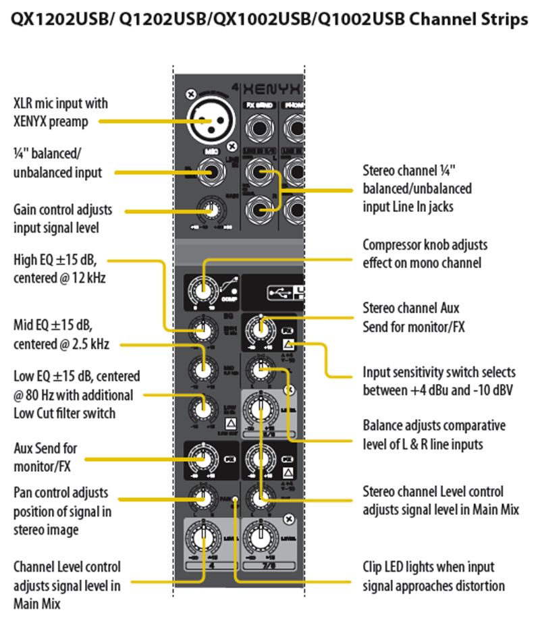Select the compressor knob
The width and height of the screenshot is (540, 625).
pos(201,290)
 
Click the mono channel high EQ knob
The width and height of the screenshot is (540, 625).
pos(201,331)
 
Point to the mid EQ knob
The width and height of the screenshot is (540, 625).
pos(201,369)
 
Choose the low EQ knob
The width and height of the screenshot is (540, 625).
pos(201,408)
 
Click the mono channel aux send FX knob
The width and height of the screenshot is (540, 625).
pos(201,459)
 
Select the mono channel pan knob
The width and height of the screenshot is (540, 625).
pos(201,498)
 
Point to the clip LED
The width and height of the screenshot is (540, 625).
pos(234,501)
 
